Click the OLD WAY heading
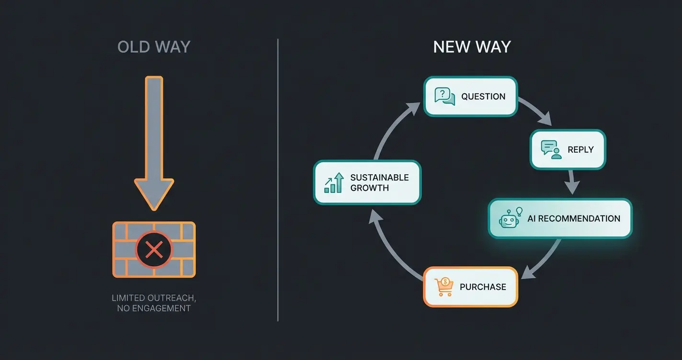154,47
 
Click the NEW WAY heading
472,47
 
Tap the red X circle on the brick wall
154,249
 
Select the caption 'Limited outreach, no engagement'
154,303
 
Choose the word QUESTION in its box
483,97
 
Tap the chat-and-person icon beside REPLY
551,149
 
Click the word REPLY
580,150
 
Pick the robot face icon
509,218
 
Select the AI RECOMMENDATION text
573,219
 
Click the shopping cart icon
443,287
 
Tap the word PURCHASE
483,287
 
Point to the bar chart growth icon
334,183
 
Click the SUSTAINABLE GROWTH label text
379,182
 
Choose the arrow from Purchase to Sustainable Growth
390,247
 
